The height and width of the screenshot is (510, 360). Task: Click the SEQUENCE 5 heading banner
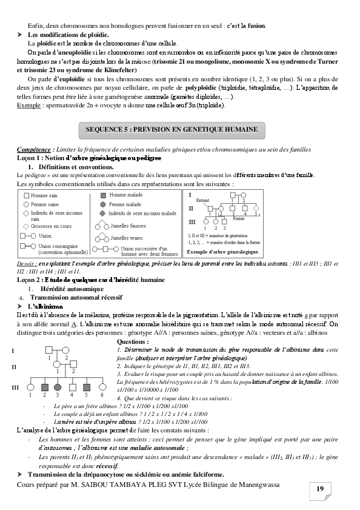172,130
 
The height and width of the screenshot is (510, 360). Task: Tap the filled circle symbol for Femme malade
103,204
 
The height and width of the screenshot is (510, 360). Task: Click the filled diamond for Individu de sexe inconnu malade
103,213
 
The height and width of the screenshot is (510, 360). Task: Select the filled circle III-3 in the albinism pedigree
57,386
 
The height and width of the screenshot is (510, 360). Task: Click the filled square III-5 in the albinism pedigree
86,386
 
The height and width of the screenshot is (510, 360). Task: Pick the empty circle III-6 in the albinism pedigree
101,386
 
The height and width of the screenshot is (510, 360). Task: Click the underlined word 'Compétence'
34,149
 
